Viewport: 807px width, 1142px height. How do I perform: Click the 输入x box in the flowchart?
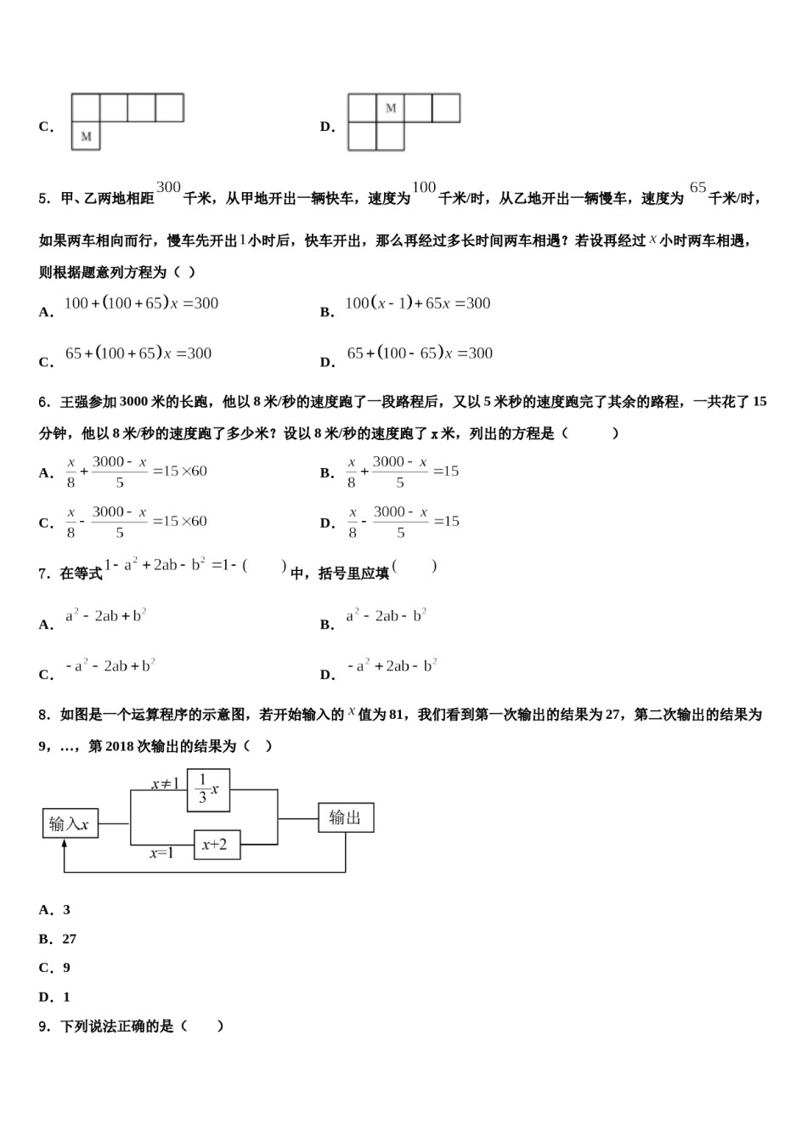pos(71,823)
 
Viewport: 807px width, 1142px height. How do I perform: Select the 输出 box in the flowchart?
pos(346,817)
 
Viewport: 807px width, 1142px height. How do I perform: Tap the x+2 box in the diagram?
pos(217,845)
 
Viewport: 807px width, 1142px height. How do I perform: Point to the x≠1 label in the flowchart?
pos(165,783)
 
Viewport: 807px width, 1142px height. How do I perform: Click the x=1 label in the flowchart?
pos(161,853)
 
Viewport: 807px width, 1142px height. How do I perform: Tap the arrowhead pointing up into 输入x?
pos(65,844)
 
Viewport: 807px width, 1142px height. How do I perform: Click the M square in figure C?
pos(86,136)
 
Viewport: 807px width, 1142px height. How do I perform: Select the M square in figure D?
pos(391,108)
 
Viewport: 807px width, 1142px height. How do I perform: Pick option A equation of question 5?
pos(141,303)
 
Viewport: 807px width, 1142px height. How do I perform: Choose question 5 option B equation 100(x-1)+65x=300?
pos(417,303)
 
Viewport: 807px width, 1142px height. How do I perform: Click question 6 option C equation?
pos(136,522)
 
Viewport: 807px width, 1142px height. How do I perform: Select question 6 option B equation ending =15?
pos(402,472)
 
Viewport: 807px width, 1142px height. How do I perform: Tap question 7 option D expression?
pos(392,666)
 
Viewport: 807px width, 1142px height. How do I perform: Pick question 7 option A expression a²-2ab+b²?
pos(106,616)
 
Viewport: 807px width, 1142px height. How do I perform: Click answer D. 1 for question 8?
pos(54,997)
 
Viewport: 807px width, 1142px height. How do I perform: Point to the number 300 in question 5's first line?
pos(169,188)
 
